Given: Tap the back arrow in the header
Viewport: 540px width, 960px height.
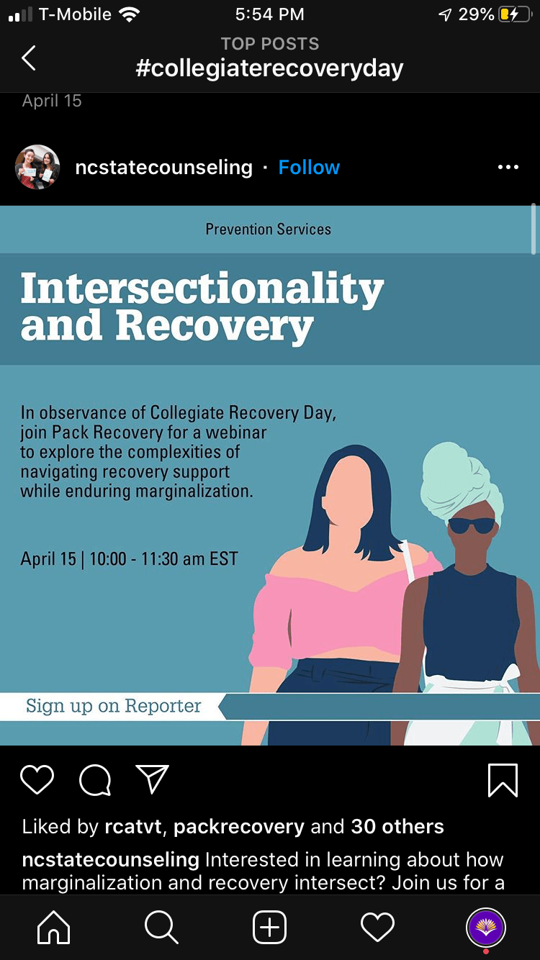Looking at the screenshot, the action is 28,58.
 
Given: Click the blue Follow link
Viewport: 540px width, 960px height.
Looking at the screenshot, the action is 309,167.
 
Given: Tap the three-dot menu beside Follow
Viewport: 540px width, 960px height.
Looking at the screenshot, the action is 508,167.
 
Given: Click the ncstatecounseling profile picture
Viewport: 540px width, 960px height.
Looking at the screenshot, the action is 37,167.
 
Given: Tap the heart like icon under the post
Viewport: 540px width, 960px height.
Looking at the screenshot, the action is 37,779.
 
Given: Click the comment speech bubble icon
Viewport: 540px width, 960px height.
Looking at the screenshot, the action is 95,780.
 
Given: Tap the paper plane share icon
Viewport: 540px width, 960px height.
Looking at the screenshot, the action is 152,779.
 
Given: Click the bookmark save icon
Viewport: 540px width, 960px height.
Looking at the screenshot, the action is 503,780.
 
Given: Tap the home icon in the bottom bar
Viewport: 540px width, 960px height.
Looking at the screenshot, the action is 53,927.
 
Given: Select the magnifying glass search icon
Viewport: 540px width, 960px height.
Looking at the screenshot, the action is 161,927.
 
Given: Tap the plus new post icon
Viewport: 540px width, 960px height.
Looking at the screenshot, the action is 269,927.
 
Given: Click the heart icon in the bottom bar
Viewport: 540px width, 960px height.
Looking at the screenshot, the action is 377,928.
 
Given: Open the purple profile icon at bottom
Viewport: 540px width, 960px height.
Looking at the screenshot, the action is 485,928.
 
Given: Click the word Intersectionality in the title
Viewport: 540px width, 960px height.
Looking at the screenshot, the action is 202,289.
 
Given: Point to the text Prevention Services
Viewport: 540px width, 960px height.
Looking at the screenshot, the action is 268,230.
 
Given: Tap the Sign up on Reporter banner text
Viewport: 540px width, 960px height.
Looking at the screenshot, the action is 113,706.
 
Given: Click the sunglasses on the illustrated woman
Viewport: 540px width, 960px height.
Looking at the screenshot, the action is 471,525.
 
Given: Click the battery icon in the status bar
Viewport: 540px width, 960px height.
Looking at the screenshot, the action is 515,15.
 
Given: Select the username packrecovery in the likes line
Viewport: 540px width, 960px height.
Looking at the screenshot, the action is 239,827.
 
